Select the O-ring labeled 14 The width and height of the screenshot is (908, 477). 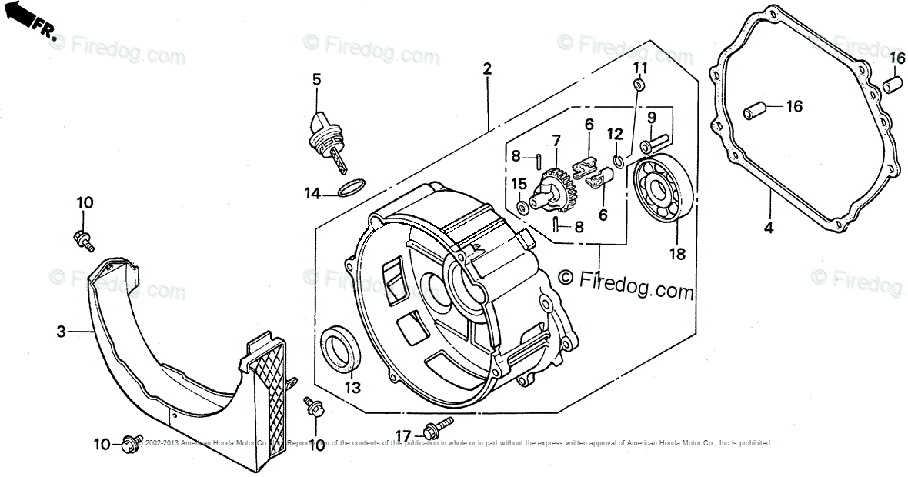point(352,187)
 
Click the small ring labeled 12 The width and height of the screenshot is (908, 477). point(618,161)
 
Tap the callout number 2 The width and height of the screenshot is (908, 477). point(486,68)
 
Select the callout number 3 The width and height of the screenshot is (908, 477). point(61,332)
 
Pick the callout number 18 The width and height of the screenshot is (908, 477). point(677,254)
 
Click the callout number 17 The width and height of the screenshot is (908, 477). point(403,434)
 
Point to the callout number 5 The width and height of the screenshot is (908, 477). point(315,78)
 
